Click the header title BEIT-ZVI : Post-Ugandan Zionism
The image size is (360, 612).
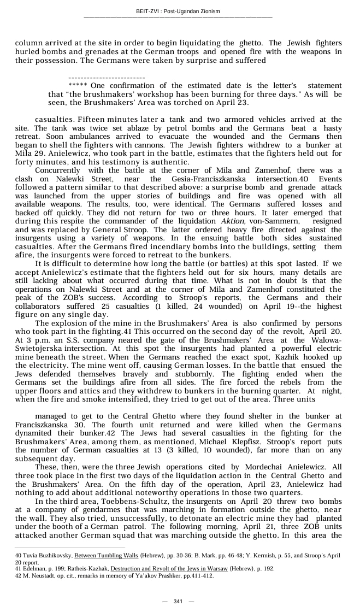tap(178, 11)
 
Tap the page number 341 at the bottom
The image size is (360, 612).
tap(178, 602)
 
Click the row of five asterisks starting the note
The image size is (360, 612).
tap(78, 85)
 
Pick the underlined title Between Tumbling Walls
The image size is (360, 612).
tap(106, 556)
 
